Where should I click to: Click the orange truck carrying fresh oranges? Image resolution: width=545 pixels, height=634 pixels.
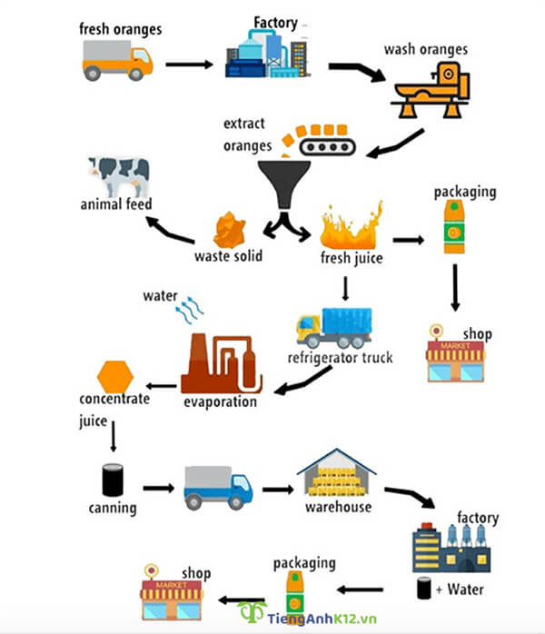click(117, 60)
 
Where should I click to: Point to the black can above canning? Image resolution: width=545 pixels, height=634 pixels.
click(113, 480)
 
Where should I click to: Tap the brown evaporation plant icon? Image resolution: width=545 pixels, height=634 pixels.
click(222, 362)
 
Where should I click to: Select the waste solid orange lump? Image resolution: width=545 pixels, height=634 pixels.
click(231, 230)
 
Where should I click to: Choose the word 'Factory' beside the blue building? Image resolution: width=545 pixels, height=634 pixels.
click(275, 22)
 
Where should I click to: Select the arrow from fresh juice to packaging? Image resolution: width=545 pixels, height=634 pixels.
click(409, 241)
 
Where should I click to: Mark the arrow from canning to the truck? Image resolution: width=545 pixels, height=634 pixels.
click(157, 488)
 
